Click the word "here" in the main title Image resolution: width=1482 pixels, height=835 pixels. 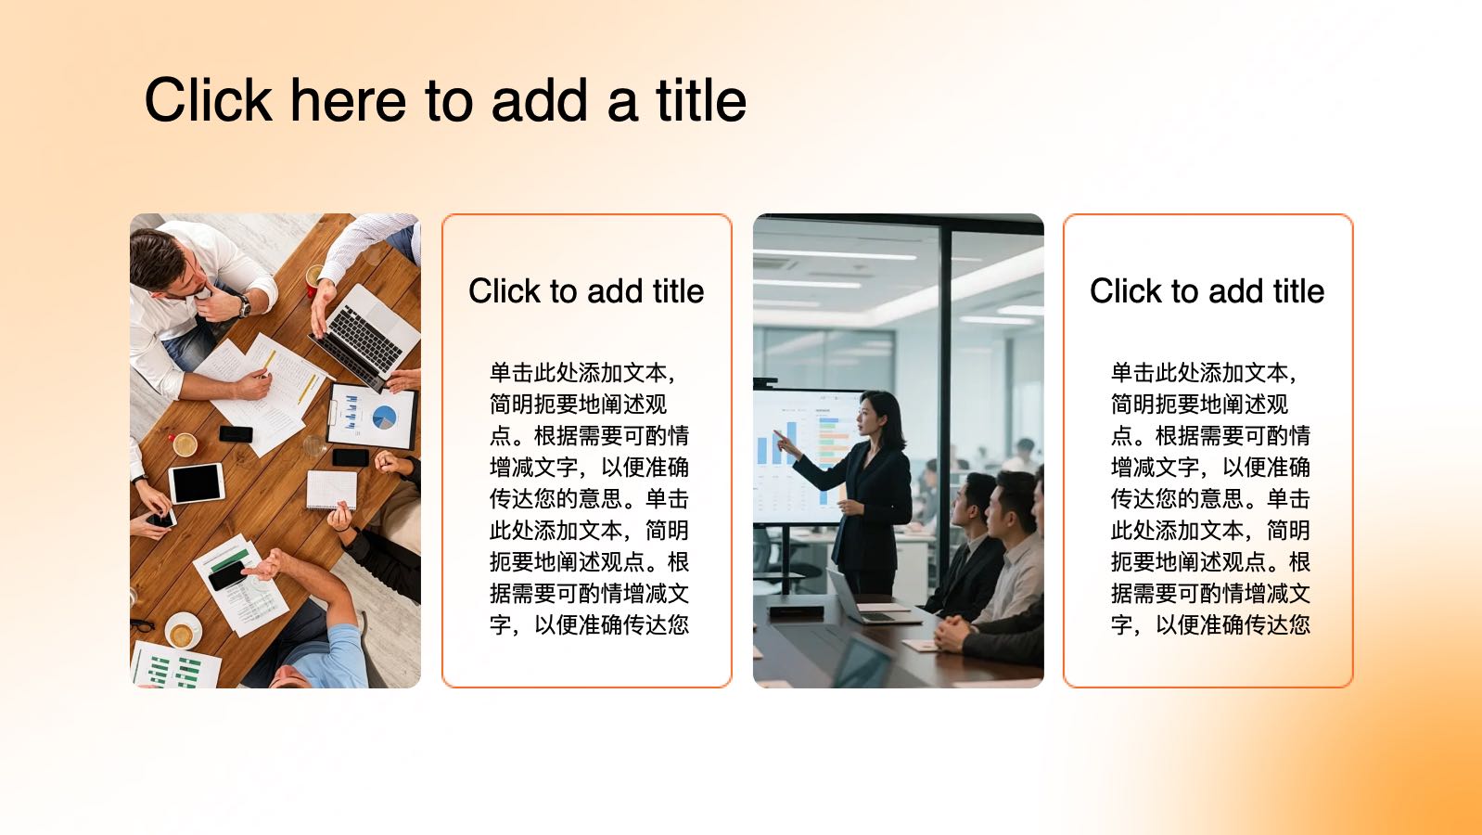[x=348, y=100]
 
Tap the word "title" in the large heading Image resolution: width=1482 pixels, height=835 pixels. [x=701, y=100]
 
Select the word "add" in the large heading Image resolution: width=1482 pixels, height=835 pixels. [x=540, y=100]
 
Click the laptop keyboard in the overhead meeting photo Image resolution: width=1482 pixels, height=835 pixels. [x=365, y=339]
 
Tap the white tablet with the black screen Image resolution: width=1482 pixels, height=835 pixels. [x=197, y=483]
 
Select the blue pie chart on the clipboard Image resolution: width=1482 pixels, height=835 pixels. [x=384, y=417]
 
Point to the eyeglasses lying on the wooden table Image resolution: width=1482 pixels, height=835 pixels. [x=142, y=624]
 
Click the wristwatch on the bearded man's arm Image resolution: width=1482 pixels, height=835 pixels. [x=244, y=305]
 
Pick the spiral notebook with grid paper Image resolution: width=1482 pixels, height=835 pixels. [x=331, y=490]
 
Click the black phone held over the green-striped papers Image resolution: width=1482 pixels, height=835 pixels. [x=227, y=575]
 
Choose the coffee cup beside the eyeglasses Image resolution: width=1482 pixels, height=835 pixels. [x=183, y=631]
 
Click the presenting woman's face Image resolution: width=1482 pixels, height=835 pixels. [x=868, y=417]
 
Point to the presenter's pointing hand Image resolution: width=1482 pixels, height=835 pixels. [x=785, y=443]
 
